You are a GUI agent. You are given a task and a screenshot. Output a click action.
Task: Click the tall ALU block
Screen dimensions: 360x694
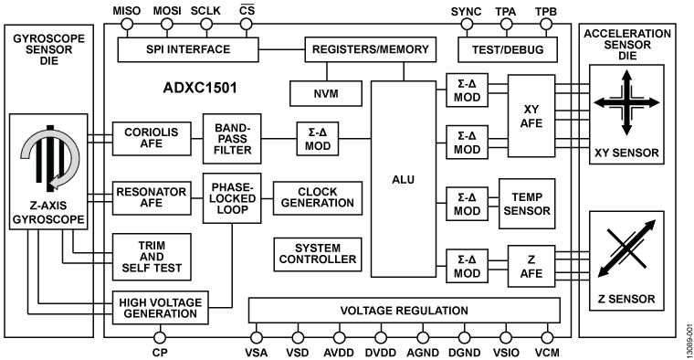point(402,179)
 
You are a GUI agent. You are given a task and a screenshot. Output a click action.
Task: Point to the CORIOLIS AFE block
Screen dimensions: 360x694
point(150,138)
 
